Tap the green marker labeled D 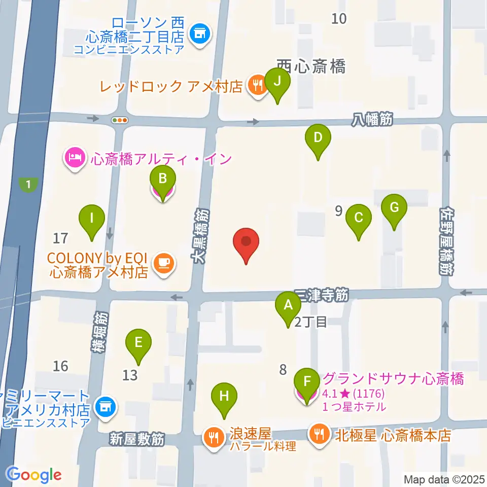coord(318,138)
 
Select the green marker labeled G coord(395,208)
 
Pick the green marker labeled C coord(359,219)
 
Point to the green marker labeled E coord(138,343)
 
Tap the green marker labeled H coord(224,397)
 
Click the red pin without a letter coord(246,242)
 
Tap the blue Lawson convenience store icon coord(198,34)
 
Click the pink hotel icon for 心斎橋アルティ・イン coord(74,158)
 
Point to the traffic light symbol coord(120,120)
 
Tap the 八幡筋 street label coord(372,120)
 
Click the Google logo coord(34,475)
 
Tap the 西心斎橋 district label coord(310,66)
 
